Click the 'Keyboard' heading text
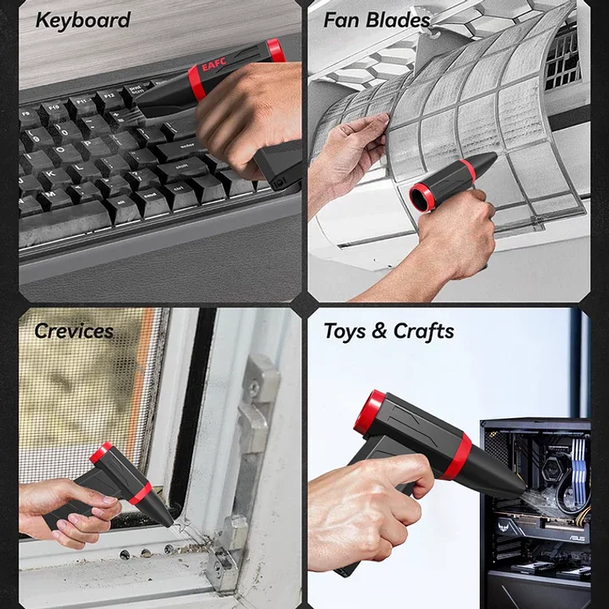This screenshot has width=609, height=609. [83, 20]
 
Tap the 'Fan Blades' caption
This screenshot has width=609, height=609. [377, 20]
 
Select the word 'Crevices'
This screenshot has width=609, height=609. [74, 331]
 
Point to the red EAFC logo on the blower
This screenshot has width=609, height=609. [216, 65]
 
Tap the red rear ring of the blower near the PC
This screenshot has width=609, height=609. [369, 411]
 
